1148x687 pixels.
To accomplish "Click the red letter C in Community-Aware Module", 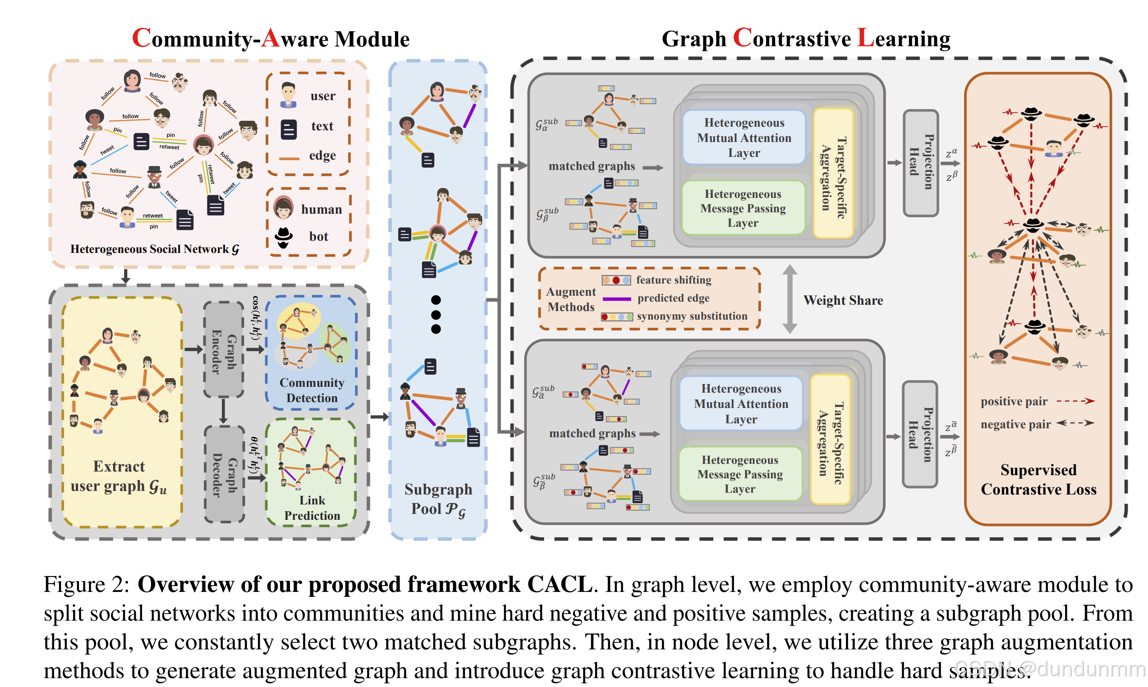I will (141, 38).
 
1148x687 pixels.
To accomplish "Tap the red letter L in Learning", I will (865, 38).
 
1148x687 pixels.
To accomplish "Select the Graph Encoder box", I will (224, 349).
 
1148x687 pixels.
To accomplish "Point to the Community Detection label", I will (312, 390).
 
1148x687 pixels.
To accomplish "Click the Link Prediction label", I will (312, 508).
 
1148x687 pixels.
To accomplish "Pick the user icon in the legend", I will (289, 96).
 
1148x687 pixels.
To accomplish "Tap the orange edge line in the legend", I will (289, 158).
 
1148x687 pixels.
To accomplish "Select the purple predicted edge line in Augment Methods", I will (616, 299).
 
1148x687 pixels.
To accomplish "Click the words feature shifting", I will (673, 280).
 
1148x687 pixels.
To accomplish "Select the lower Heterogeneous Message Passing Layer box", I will (740, 474).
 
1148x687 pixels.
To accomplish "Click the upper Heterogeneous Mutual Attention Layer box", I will (744, 137).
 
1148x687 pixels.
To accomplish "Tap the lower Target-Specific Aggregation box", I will (830, 439).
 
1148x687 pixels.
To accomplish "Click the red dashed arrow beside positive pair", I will (1075, 401).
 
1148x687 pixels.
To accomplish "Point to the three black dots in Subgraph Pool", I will (436, 315).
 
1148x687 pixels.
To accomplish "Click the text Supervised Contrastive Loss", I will (1038, 480).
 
